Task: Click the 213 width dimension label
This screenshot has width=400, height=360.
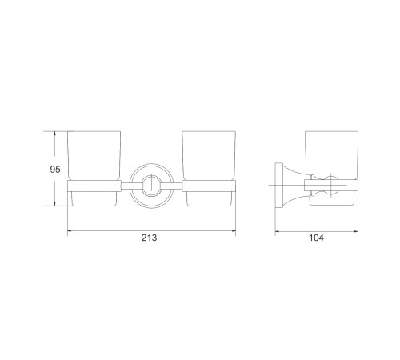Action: [x=149, y=238]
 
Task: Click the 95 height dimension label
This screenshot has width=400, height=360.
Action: [x=55, y=170]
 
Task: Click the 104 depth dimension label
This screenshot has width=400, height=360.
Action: [x=316, y=238]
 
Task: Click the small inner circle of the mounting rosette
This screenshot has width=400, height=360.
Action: [x=151, y=186]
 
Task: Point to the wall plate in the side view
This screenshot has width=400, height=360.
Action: [x=279, y=185]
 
